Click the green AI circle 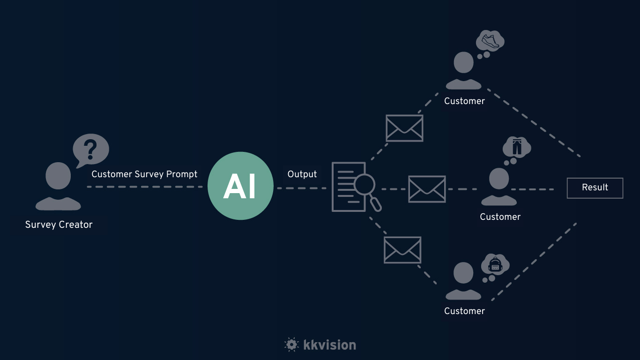coord(240,186)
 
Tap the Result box coord(595,187)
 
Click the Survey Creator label coord(59,225)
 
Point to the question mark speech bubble coord(90,150)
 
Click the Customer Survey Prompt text coord(144,174)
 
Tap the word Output coord(302,174)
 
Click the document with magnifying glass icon coord(354,187)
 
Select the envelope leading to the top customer coord(404,128)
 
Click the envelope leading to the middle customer coord(427,189)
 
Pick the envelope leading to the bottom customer coord(402,249)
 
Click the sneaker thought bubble coord(490,41)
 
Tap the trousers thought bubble coord(516,148)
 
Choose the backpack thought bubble coord(495,266)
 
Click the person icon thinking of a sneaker coord(463,70)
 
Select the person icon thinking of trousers coord(499,187)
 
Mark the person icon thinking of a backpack coord(463,281)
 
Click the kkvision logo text coord(329,345)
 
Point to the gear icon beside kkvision coord(291,345)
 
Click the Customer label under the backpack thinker coord(464,311)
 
